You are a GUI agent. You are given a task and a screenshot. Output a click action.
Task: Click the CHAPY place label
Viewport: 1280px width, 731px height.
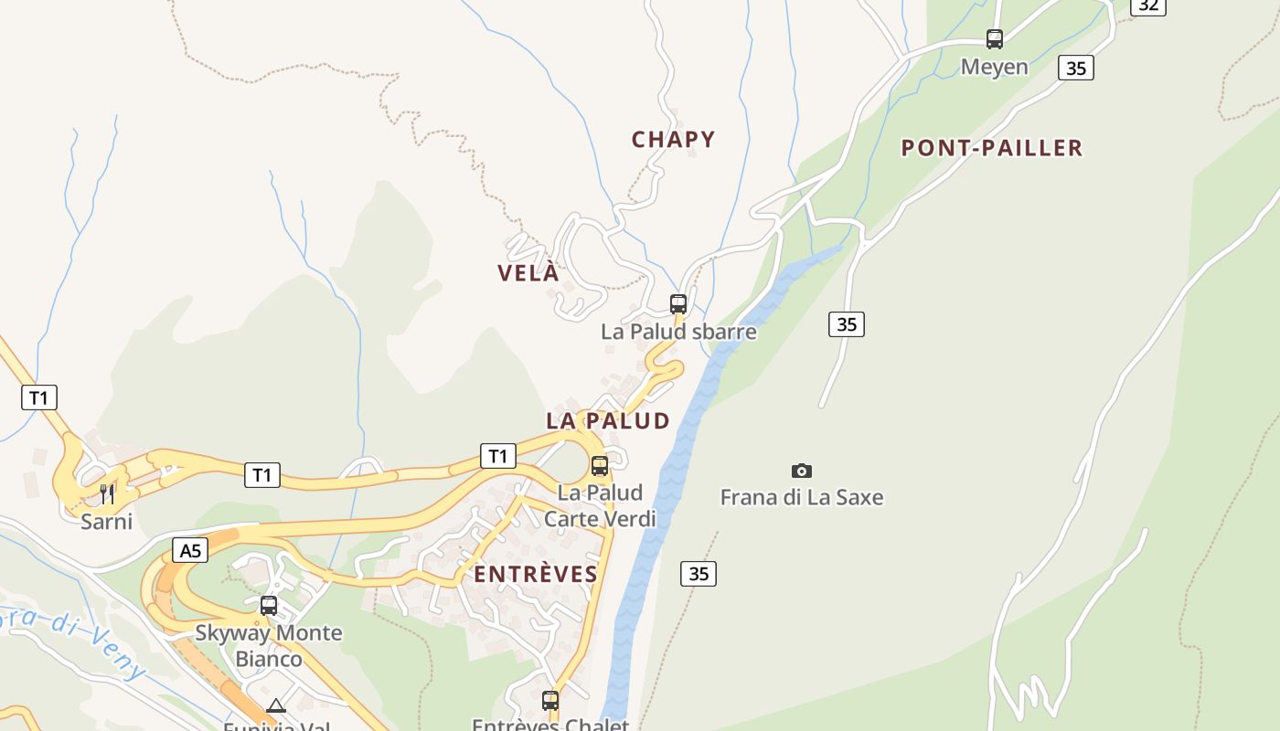click(x=673, y=140)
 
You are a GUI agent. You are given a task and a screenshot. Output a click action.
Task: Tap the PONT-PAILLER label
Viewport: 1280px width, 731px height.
click(x=992, y=148)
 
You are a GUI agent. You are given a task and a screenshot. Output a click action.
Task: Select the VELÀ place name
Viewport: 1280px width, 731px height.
click(x=528, y=273)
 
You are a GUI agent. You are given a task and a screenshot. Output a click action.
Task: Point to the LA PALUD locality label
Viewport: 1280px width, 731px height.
click(x=608, y=421)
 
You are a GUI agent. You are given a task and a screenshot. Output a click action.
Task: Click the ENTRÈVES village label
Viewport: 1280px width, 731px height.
click(x=536, y=575)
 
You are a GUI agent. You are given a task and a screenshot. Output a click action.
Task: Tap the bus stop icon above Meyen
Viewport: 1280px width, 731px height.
click(x=995, y=39)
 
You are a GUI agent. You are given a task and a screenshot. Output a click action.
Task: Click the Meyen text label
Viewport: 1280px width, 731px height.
click(x=995, y=67)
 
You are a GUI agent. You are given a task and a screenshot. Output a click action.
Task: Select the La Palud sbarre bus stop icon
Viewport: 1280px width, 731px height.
click(x=678, y=304)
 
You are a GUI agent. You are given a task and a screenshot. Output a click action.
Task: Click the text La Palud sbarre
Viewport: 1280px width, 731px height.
click(x=678, y=332)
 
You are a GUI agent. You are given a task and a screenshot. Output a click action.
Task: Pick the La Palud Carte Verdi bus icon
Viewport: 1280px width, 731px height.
click(x=600, y=466)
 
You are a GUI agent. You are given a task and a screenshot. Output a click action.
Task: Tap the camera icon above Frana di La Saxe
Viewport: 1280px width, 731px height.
click(x=802, y=471)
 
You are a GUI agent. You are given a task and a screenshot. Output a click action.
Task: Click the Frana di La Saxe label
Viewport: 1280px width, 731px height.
click(x=802, y=498)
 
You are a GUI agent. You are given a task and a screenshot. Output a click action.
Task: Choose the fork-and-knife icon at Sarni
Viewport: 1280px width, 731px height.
click(x=107, y=494)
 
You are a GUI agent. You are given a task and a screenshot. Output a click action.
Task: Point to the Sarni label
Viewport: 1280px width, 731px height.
click(x=107, y=522)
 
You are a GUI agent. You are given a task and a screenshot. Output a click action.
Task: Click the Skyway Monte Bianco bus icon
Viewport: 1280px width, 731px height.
click(x=269, y=606)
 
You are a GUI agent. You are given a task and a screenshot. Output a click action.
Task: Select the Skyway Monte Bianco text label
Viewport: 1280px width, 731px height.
click(x=269, y=645)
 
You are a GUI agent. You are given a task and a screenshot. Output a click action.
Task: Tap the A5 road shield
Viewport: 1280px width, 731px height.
click(x=190, y=550)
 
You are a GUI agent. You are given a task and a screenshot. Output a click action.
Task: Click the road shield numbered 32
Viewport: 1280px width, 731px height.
click(x=1148, y=5)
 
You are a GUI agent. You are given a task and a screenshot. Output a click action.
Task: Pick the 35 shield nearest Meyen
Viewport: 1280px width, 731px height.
click(x=1076, y=68)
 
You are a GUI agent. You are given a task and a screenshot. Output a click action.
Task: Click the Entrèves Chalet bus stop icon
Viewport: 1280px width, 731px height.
click(x=550, y=701)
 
